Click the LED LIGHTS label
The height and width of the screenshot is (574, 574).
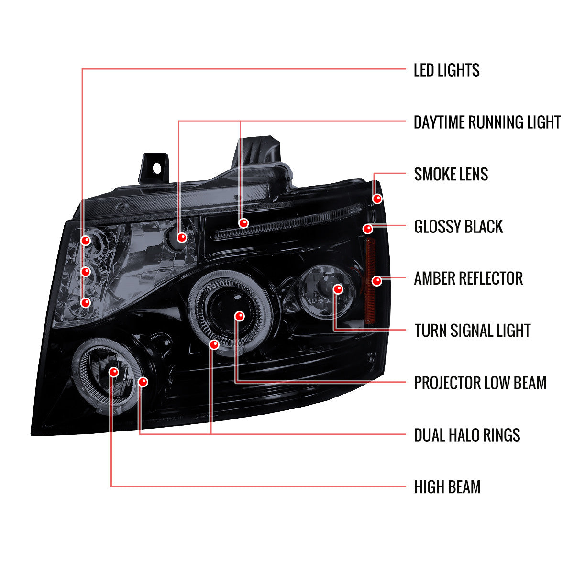coord(446,70)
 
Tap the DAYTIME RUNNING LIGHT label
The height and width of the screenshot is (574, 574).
coord(486,122)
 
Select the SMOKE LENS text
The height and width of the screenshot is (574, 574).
coord(451,174)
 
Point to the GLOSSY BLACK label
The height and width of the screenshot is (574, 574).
coord(458,227)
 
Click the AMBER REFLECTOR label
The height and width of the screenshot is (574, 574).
coord(468,278)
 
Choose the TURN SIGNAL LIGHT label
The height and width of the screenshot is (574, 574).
coord(472,331)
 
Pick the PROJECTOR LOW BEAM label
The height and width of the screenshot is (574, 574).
coord(480,383)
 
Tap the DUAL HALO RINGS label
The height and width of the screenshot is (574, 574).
coord(467,435)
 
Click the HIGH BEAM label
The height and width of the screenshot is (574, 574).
coord(447,487)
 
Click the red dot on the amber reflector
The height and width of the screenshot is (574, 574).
coord(377,281)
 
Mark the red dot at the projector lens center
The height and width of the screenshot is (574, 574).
coord(240,316)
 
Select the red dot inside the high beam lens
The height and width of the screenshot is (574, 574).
coord(113,372)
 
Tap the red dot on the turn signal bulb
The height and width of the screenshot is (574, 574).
coord(338,289)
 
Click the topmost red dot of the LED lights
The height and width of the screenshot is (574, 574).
coord(86,240)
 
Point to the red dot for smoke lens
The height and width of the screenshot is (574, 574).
coord(377,199)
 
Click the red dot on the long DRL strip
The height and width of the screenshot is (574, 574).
coord(243,223)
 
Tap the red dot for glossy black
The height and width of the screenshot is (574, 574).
coord(367,229)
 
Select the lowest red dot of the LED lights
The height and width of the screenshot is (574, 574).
coord(86,302)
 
